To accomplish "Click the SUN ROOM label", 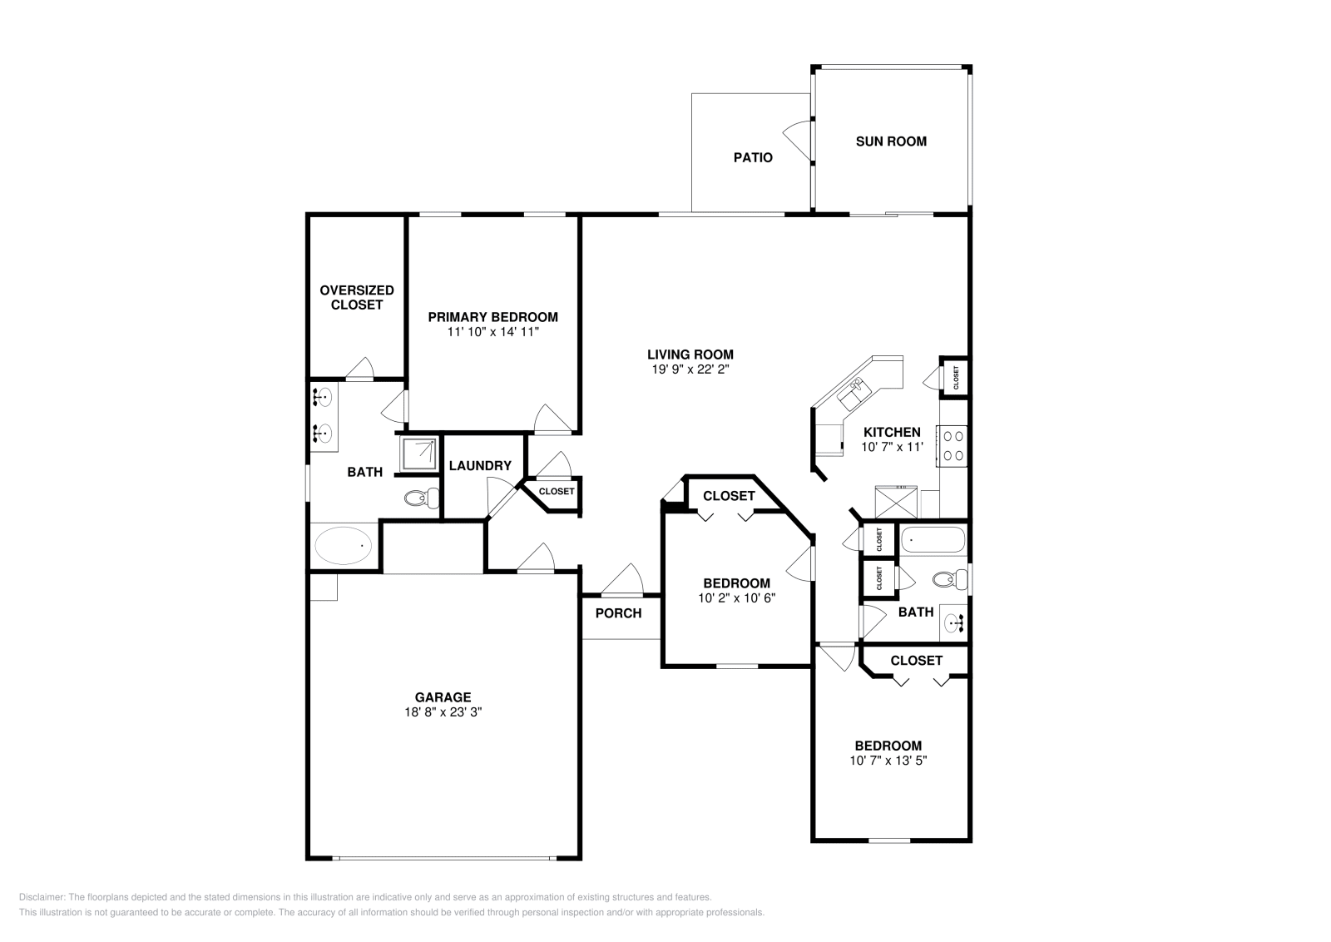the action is click(891, 141).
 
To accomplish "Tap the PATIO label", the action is click(753, 157).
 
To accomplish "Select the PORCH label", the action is click(619, 613).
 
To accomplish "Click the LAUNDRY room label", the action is click(480, 466).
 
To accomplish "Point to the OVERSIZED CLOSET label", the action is click(357, 297).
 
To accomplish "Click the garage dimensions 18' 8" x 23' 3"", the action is click(443, 712).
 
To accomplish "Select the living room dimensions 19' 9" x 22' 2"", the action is click(690, 369).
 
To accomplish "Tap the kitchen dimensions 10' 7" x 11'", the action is click(893, 447).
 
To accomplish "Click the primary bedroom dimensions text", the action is click(493, 332).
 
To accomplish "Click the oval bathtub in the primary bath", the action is click(343, 545).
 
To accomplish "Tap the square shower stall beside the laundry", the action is click(419, 454).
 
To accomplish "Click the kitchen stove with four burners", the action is click(952, 446).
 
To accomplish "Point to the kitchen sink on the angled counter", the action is click(854, 393).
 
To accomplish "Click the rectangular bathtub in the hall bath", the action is click(933, 539).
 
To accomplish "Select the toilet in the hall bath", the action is click(950, 579).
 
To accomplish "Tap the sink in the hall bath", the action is click(954, 622).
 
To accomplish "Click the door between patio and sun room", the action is click(798, 141).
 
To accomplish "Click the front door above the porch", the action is click(622, 579).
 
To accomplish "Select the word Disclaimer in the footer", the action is click(42, 897).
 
